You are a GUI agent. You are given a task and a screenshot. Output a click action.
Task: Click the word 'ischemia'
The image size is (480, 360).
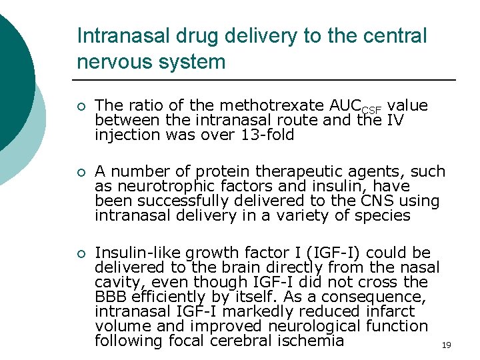coord(313,341)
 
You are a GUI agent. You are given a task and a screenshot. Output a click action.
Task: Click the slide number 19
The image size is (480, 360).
coord(446,345)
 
